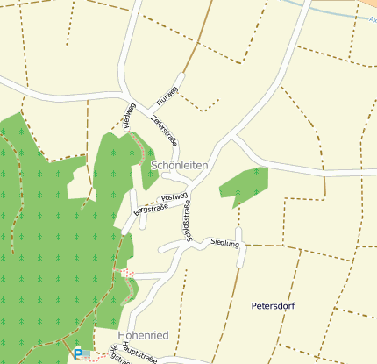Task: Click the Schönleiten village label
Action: click(180, 165)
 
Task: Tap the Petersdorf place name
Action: click(276, 306)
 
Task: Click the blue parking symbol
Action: click(78, 353)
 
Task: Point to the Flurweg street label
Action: click(167, 92)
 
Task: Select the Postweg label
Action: click(175, 197)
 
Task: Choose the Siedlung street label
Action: click(225, 243)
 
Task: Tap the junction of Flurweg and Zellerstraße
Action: click(146, 107)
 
